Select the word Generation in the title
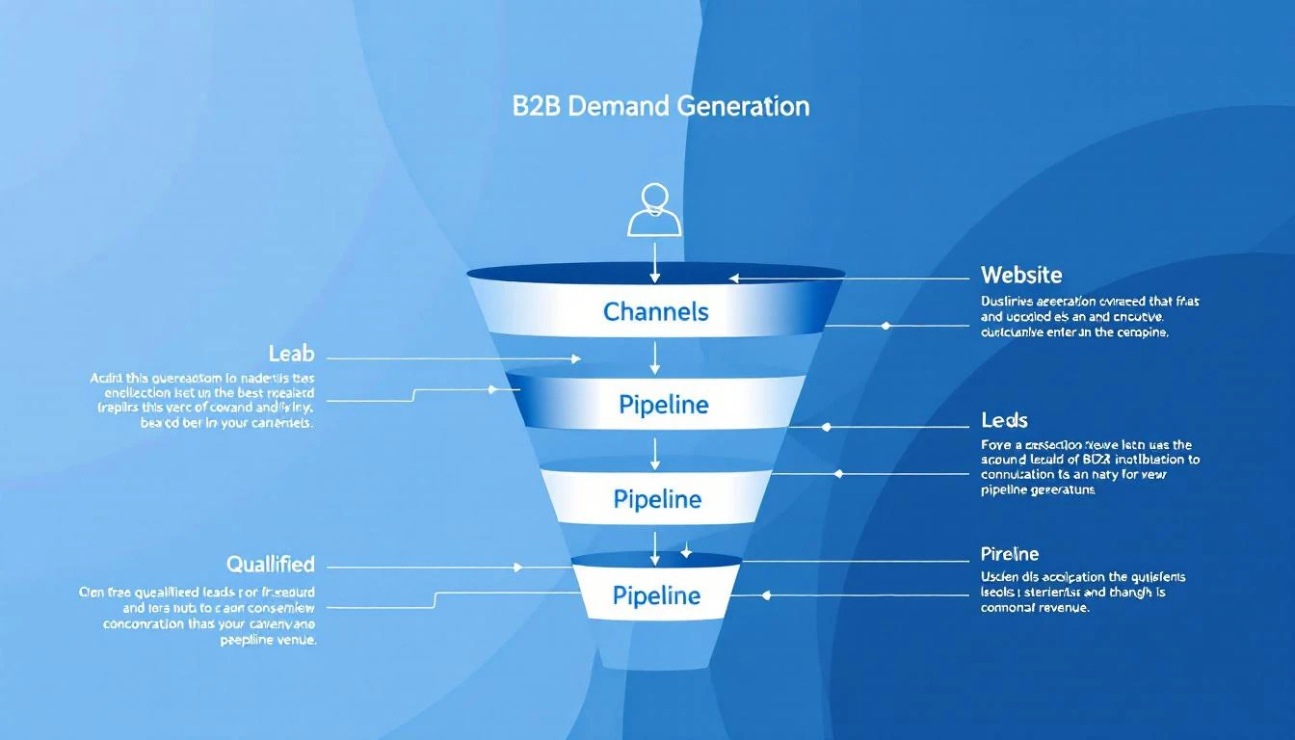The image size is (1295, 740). click(743, 106)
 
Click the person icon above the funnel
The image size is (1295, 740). click(654, 209)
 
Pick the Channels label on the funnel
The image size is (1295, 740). click(655, 311)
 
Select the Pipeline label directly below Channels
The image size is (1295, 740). click(663, 405)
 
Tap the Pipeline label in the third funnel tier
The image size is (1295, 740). click(656, 499)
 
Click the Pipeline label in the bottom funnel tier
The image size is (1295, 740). click(656, 595)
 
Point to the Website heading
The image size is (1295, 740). click(1021, 275)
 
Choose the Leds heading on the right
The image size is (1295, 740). click(1004, 420)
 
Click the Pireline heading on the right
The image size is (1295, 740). click(1010, 554)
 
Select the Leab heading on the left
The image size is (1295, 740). click(291, 355)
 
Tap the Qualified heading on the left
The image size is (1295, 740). click(270, 564)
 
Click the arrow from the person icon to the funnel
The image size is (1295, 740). click(655, 260)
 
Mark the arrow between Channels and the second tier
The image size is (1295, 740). click(655, 357)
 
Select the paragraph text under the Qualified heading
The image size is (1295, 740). click(198, 615)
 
